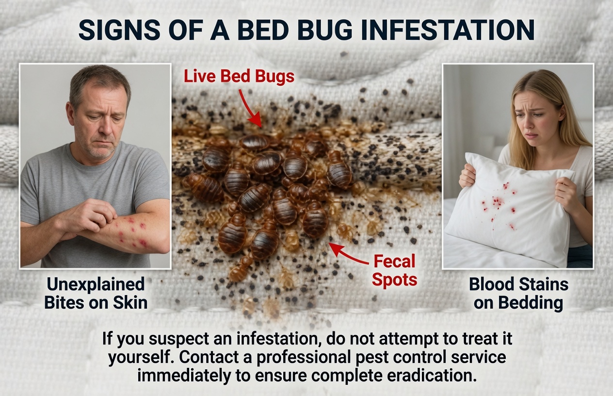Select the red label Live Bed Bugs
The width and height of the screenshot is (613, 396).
[239, 76]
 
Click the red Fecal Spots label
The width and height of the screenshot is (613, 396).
[394, 270]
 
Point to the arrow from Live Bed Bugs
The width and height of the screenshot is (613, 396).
[251, 109]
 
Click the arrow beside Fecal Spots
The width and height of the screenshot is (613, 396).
[349, 255]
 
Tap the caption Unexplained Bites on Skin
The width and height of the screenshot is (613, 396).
[95, 293]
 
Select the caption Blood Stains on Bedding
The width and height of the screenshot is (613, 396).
[518, 293]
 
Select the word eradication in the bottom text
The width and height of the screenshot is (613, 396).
[425, 375]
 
